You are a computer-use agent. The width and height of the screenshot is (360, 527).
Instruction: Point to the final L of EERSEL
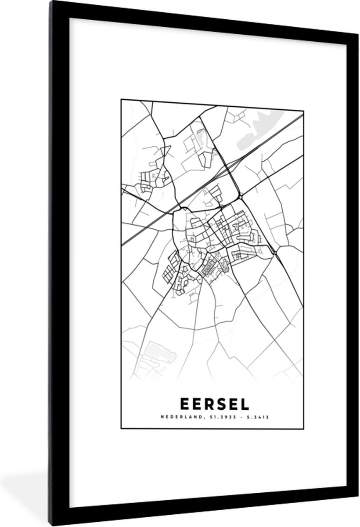pyautogui.click(x=244, y=403)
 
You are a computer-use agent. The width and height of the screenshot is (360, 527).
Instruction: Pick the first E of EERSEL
pyautogui.click(x=183, y=403)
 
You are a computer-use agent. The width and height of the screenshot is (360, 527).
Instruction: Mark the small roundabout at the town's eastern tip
pyautogui.click(x=274, y=252)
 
